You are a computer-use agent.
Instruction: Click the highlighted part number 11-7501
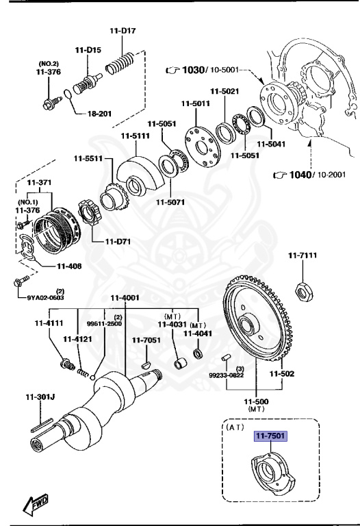tap(271, 436)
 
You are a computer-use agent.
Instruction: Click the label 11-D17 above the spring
tap(123, 31)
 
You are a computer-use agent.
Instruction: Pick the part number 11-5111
tap(136, 136)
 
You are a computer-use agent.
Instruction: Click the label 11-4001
tap(125, 298)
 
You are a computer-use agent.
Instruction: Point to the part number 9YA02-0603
tap(46, 297)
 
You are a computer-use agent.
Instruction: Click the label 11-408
tap(70, 266)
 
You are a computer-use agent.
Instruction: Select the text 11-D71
tap(119, 242)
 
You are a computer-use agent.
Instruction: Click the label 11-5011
tap(195, 104)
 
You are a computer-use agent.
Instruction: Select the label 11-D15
tap(88, 50)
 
